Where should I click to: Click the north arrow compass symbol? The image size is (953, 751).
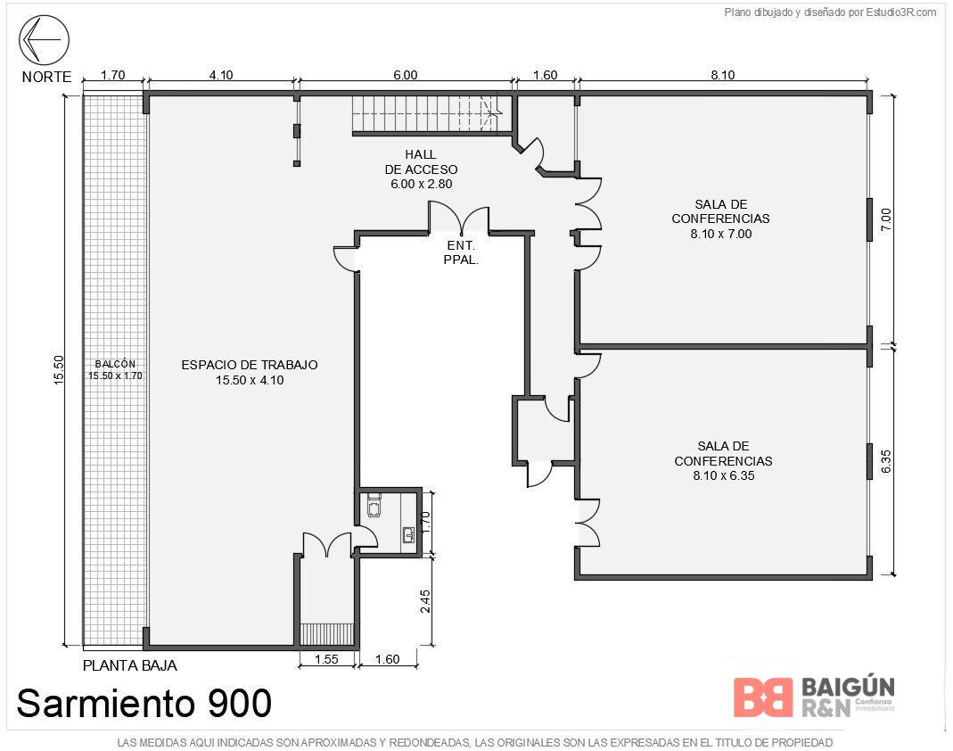pyautogui.click(x=44, y=39)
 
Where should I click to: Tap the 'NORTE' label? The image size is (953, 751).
pyautogui.click(x=46, y=78)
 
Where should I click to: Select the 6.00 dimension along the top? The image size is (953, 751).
pyautogui.click(x=406, y=75)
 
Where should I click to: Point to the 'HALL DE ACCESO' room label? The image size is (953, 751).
pyautogui.click(x=421, y=169)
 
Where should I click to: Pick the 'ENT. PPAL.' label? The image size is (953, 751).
pyautogui.click(x=461, y=252)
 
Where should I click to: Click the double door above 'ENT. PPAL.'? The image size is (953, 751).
pyautogui.click(x=459, y=218)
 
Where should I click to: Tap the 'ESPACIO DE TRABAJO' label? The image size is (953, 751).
pyautogui.click(x=250, y=372)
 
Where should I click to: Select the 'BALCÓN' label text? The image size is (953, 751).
pyautogui.click(x=116, y=364)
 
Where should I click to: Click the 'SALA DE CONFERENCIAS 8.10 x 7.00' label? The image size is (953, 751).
pyautogui.click(x=721, y=219)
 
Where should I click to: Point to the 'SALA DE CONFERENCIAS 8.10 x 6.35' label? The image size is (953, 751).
pyautogui.click(x=723, y=461)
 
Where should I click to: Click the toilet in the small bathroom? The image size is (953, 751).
pyautogui.click(x=374, y=506)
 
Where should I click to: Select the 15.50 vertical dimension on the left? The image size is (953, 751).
pyautogui.click(x=58, y=370)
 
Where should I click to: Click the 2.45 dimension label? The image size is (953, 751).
pyautogui.click(x=425, y=601)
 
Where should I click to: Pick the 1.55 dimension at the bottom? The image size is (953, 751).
pyautogui.click(x=326, y=659)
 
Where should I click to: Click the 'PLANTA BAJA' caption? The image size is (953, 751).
pyautogui.click(x=130, y=666)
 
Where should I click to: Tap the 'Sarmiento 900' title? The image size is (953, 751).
pyautogui.click(x=144, y=703)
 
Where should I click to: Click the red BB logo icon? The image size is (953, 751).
pyautogui.click(x=763, y=697)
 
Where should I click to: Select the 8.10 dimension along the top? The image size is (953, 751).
pyautogui.click(x=723, y=75)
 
